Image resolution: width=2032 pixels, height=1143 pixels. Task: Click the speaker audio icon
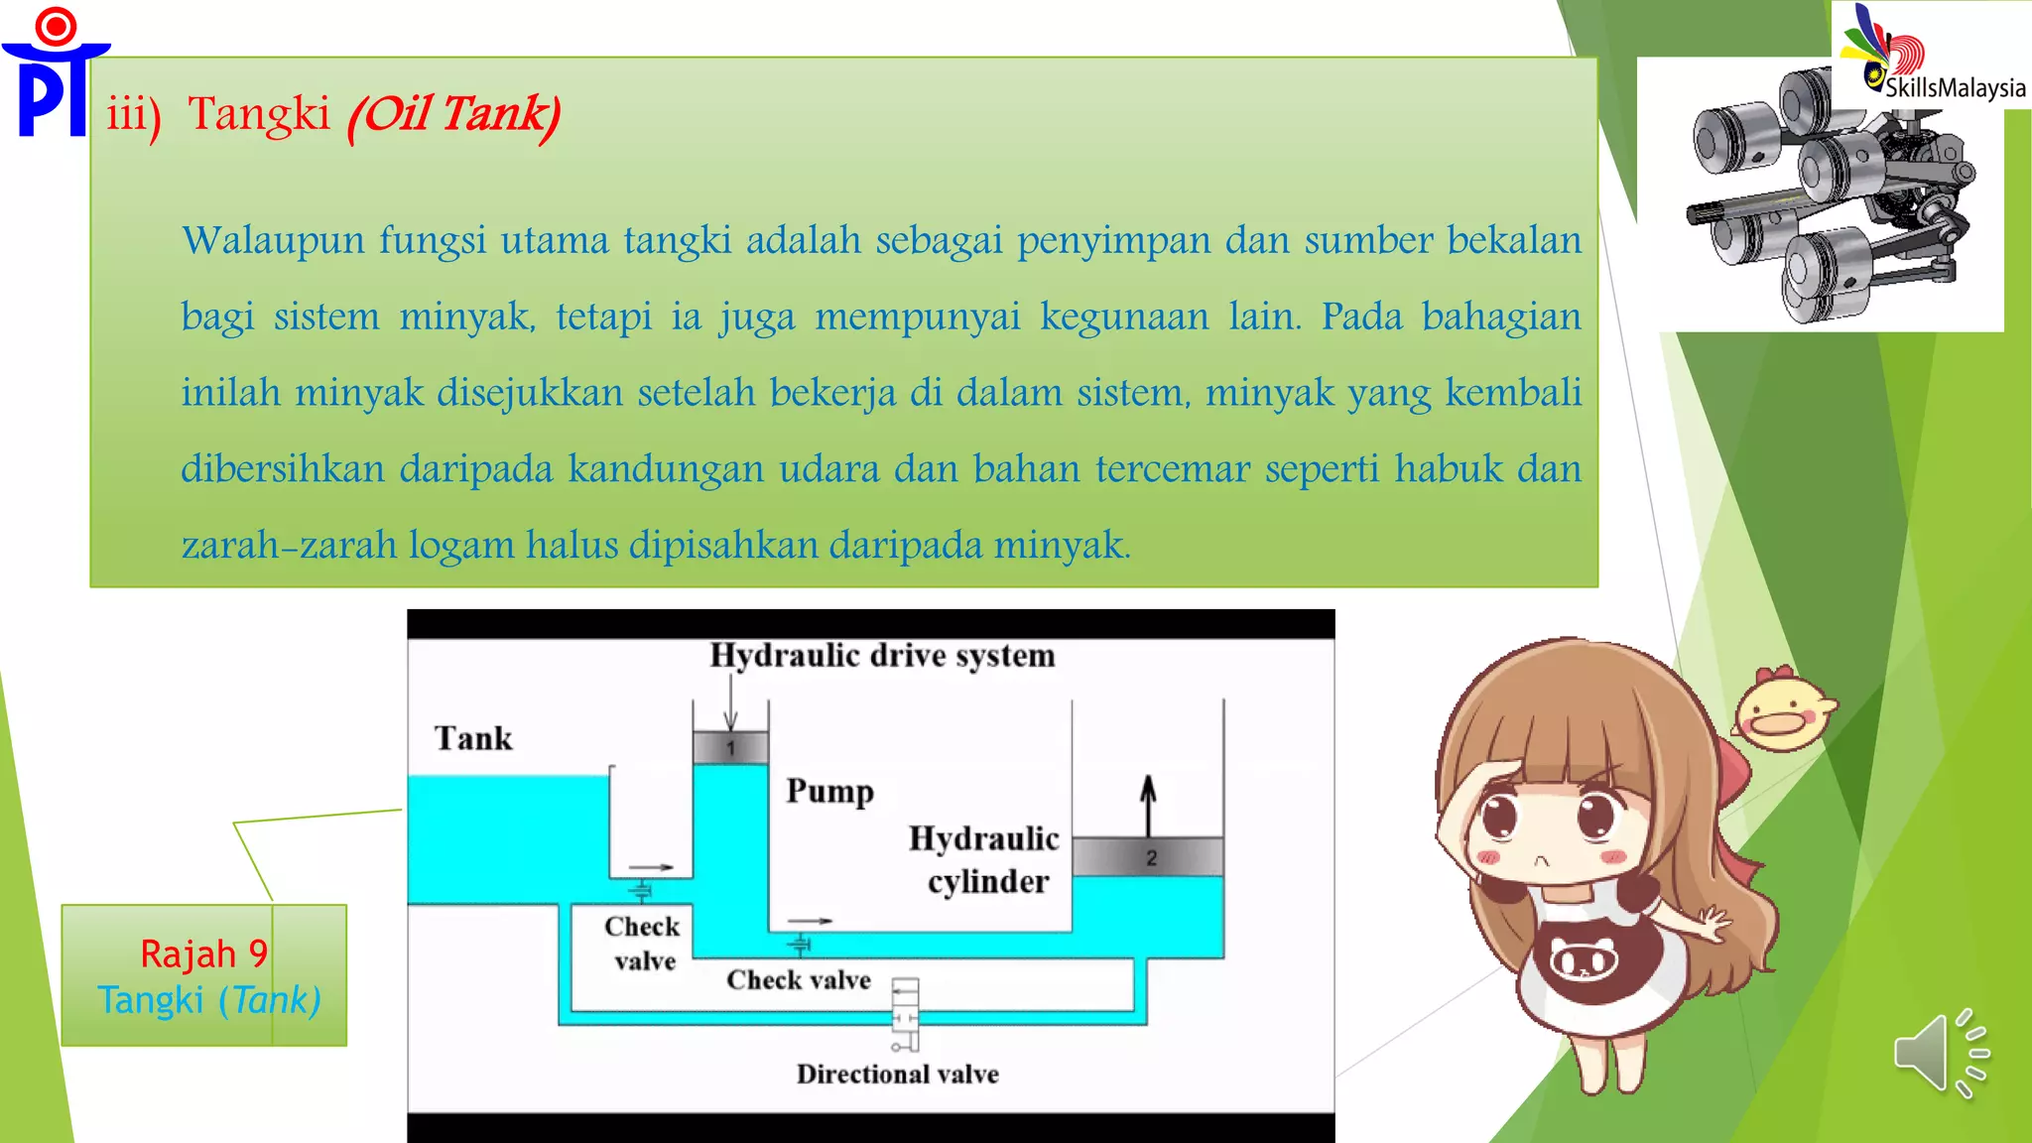coord(1939,1054)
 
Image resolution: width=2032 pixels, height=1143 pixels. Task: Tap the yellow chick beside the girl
coord(1783,709)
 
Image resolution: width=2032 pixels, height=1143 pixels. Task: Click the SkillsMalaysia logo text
coord(1955,87)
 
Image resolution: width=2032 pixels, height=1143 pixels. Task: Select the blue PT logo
coord(55,74)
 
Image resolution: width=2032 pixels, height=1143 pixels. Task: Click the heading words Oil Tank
coord(454,114)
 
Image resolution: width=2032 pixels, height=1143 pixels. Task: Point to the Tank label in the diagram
coord(473,738)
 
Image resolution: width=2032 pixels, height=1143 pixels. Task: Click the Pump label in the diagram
coord(829,791)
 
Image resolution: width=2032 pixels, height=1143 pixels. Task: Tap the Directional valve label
coord(897,1074)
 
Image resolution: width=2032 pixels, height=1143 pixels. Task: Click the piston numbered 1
coord(730,747)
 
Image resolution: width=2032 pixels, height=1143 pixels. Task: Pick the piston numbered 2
coord(1149,857)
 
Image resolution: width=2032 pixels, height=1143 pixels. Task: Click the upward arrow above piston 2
coord(1148,805)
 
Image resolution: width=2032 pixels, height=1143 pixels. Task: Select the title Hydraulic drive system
coord(882,656)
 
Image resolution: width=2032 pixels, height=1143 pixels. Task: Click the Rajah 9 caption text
coord(203,953)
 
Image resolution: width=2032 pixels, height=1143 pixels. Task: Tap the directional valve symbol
coord(905,1014)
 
